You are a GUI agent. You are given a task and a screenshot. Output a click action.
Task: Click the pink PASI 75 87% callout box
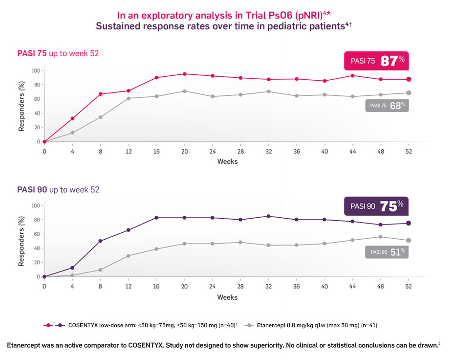pos(376,61)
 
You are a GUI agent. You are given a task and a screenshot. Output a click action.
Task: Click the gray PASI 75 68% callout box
pos(387,106)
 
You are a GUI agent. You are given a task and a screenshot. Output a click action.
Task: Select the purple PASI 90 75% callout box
pos(376,206)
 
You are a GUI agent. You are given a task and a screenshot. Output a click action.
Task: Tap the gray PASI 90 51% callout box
pos(387,252)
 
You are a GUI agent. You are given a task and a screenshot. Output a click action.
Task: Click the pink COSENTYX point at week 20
pos(184,74)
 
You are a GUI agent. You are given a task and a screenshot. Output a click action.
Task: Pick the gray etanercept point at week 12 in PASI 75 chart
pos(129,98)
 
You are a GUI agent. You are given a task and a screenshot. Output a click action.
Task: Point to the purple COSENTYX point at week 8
pos(101,241)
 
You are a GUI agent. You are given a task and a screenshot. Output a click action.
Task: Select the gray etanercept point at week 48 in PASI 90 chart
pos(381,237)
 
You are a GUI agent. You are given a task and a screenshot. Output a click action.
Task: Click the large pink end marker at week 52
pos(409,79)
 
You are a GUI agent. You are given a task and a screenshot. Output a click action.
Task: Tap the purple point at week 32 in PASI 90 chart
pos(268,216)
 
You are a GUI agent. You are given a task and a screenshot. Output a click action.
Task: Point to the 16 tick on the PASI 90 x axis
pos(156,287)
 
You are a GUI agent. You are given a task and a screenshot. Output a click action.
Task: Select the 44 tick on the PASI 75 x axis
pos(352,152)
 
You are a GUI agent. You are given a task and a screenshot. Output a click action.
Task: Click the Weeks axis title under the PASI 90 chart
pos(227,297)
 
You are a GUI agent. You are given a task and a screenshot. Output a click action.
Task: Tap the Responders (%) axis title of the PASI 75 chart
pos(22,106)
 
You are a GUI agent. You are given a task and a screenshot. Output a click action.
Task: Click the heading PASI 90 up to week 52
pos(58,189)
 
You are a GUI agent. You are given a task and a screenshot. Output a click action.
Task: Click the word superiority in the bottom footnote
pos(258,345)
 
